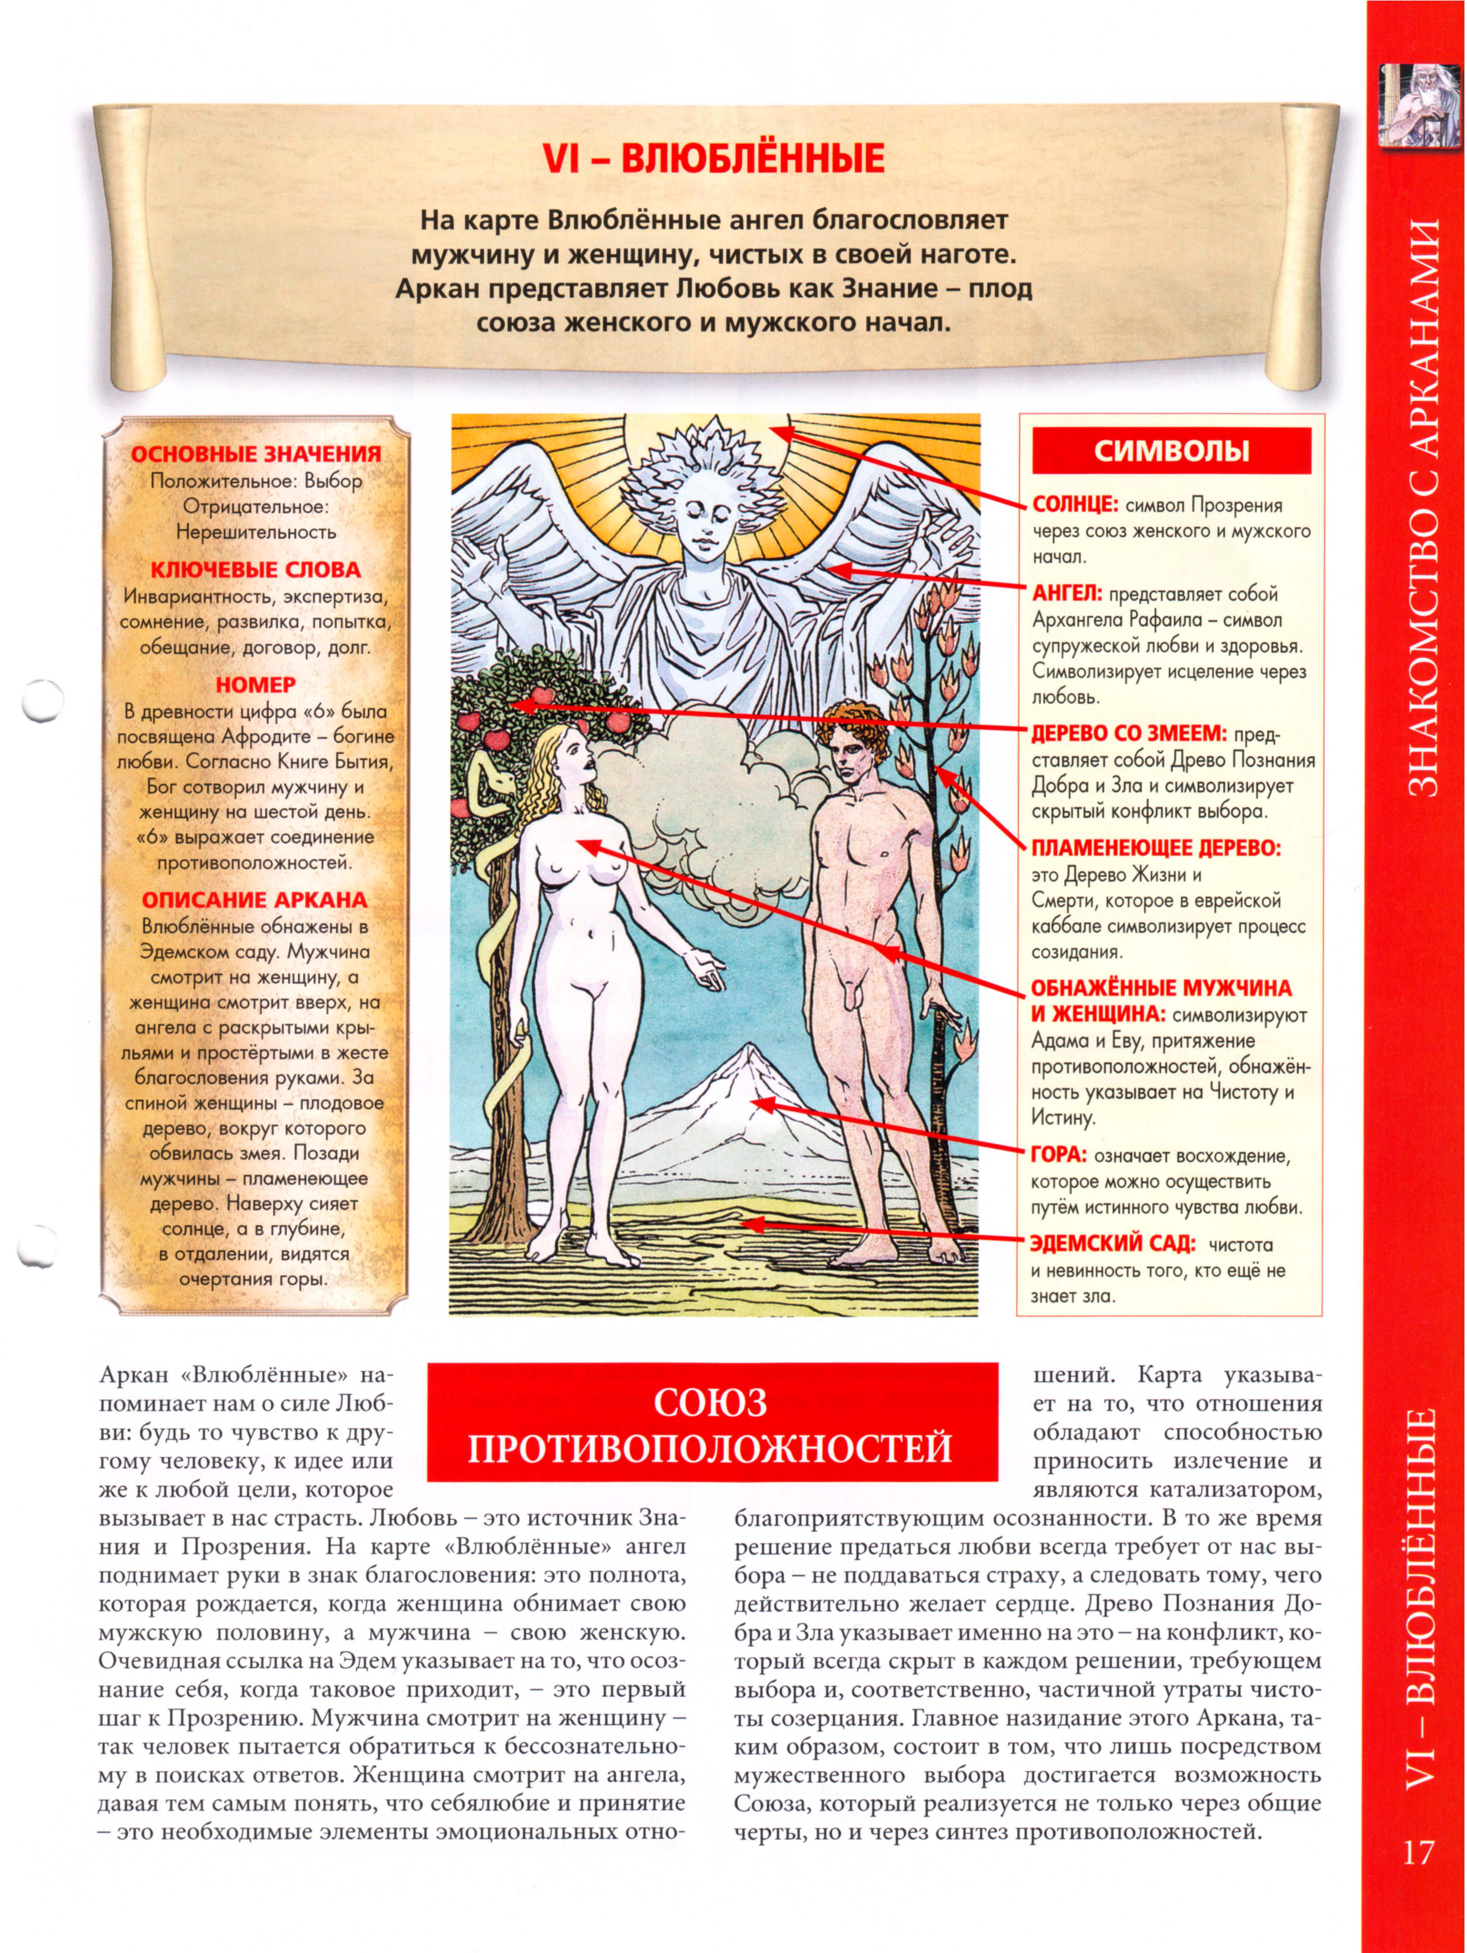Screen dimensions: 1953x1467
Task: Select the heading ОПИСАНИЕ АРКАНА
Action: (255, 900)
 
